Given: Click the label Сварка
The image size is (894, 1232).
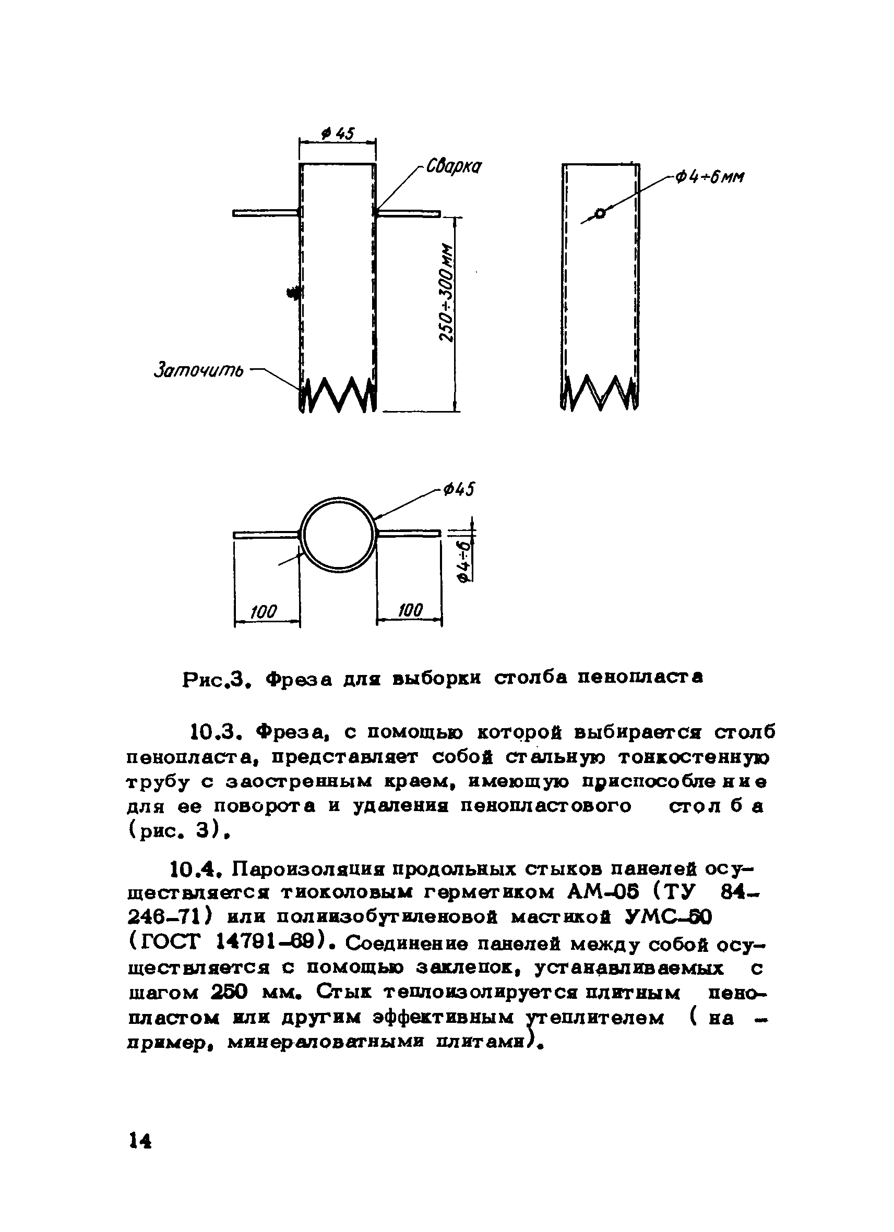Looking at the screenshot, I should (454, 166).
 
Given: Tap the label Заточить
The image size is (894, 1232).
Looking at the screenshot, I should (199, 371).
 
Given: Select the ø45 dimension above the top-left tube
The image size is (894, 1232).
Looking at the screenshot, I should (338, 133).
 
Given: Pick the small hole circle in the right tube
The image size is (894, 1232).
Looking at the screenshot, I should (600, 213).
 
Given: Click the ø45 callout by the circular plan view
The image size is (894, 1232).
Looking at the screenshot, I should (459, 489).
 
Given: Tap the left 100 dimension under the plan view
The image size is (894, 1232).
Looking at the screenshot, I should (265, 612).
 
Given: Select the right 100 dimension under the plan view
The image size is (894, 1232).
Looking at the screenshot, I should (410, 611).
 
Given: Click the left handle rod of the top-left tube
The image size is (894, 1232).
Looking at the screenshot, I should (265, 213).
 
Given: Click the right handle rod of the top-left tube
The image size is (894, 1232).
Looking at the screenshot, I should (408, 213).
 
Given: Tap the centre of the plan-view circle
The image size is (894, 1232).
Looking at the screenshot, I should (338, 535).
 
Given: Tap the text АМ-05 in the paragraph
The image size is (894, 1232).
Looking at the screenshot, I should (601, 892).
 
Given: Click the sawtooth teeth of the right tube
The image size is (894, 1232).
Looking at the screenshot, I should (600, 392).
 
